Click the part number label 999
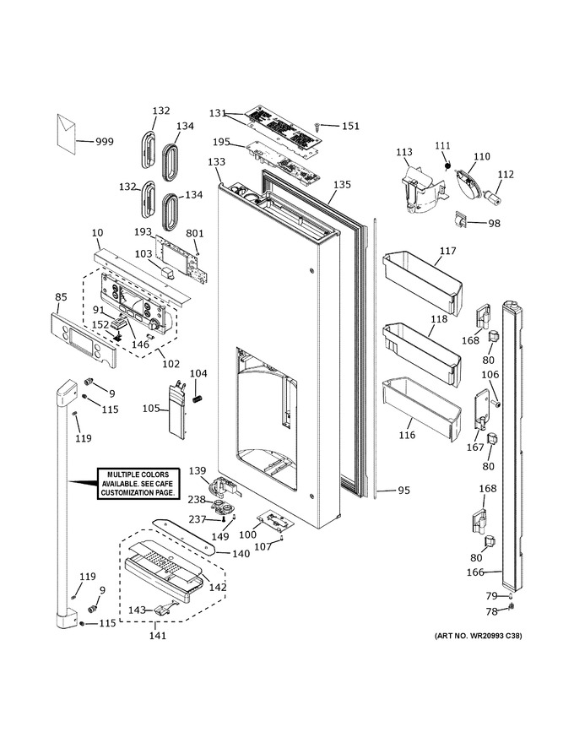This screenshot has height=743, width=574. pos(104,141)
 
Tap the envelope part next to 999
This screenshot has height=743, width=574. pos(67,134)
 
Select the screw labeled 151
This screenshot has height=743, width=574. pos(317,126)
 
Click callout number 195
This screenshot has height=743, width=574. pos(221,142)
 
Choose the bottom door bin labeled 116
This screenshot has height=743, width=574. pos(421,409)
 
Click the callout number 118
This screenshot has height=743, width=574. pos(439,318)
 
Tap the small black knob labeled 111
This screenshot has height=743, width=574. pos(446,165)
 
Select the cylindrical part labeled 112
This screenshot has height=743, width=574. pos(492,197)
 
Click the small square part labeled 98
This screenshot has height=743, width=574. pos(461,220)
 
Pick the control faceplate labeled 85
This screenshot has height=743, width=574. pos(83,341)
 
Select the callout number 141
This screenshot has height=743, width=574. pos(158,635)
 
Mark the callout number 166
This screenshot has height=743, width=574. pos(475,572)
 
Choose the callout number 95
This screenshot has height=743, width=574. pos(403,491)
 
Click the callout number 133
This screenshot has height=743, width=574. pos(216,162)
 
